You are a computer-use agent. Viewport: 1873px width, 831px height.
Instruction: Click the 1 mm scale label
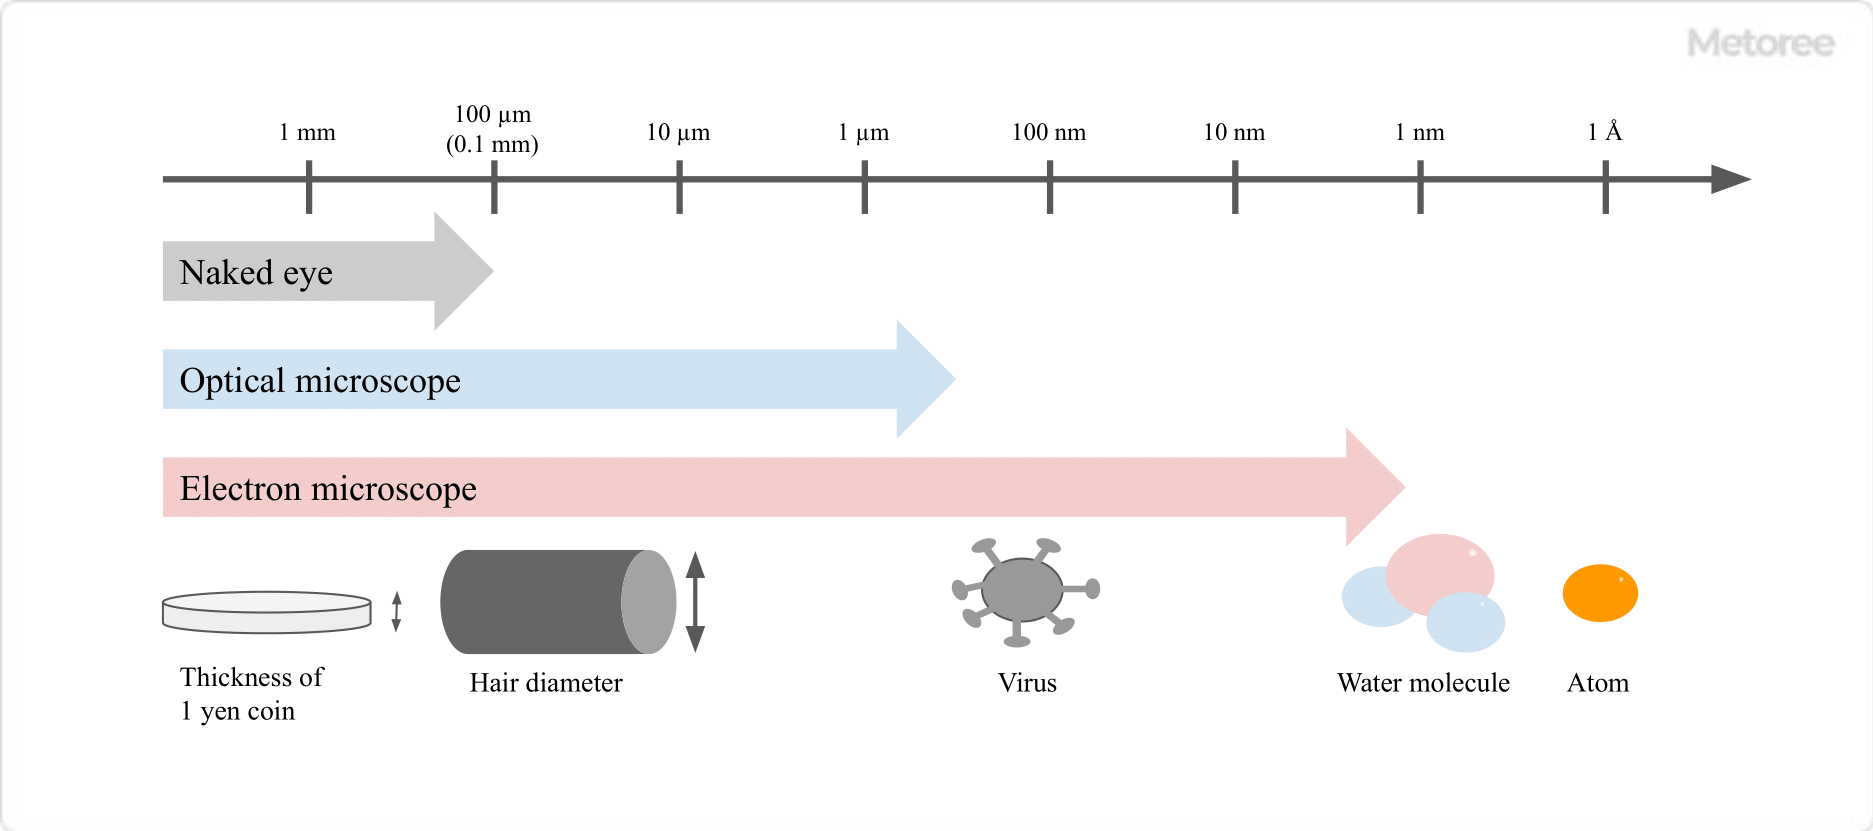pos(307,133)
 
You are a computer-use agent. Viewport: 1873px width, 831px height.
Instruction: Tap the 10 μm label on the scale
pos(678,133)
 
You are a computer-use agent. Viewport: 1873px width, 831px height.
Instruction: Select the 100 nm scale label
pos(1048,133)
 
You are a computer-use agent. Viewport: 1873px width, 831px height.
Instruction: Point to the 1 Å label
pos(1604,132)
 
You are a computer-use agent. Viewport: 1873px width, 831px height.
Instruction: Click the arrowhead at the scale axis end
pos(1730,180)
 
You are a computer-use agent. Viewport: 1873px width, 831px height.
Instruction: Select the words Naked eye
pos(256,273)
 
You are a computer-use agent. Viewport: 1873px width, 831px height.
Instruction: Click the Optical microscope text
pos(320,381)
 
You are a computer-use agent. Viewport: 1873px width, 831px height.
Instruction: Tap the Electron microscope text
pos(328,489)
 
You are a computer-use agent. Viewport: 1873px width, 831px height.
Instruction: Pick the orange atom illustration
pos(1600,593)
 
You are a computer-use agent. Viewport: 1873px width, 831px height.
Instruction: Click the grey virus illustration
pos(1023,590)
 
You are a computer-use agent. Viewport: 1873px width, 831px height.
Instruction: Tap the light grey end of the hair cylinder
pos(649,602)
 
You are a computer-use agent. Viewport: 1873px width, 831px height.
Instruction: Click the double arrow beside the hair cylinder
pos(696,602)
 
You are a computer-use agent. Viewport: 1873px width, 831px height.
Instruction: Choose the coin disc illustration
pos(267,612)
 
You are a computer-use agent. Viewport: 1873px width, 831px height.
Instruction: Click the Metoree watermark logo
pos(1761,43)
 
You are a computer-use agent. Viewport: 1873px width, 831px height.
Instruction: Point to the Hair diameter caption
pos(546,683)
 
